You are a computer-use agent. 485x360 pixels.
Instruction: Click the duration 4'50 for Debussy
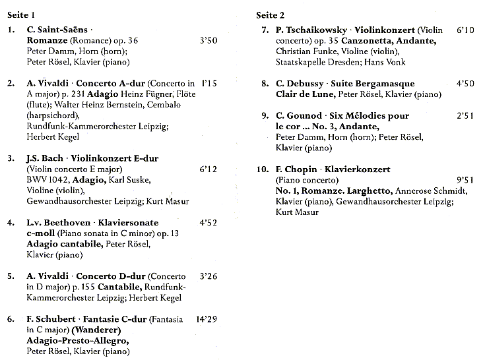pyautogui.click(x=465, y=84)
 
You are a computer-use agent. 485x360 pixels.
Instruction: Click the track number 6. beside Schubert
pyautogui.click(x=10, y=319)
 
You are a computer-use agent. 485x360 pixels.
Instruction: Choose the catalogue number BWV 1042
pyautogui.click(x=49, y=179)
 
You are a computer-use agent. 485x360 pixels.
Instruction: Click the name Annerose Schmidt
pyautogui.click(x=432, y=191)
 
